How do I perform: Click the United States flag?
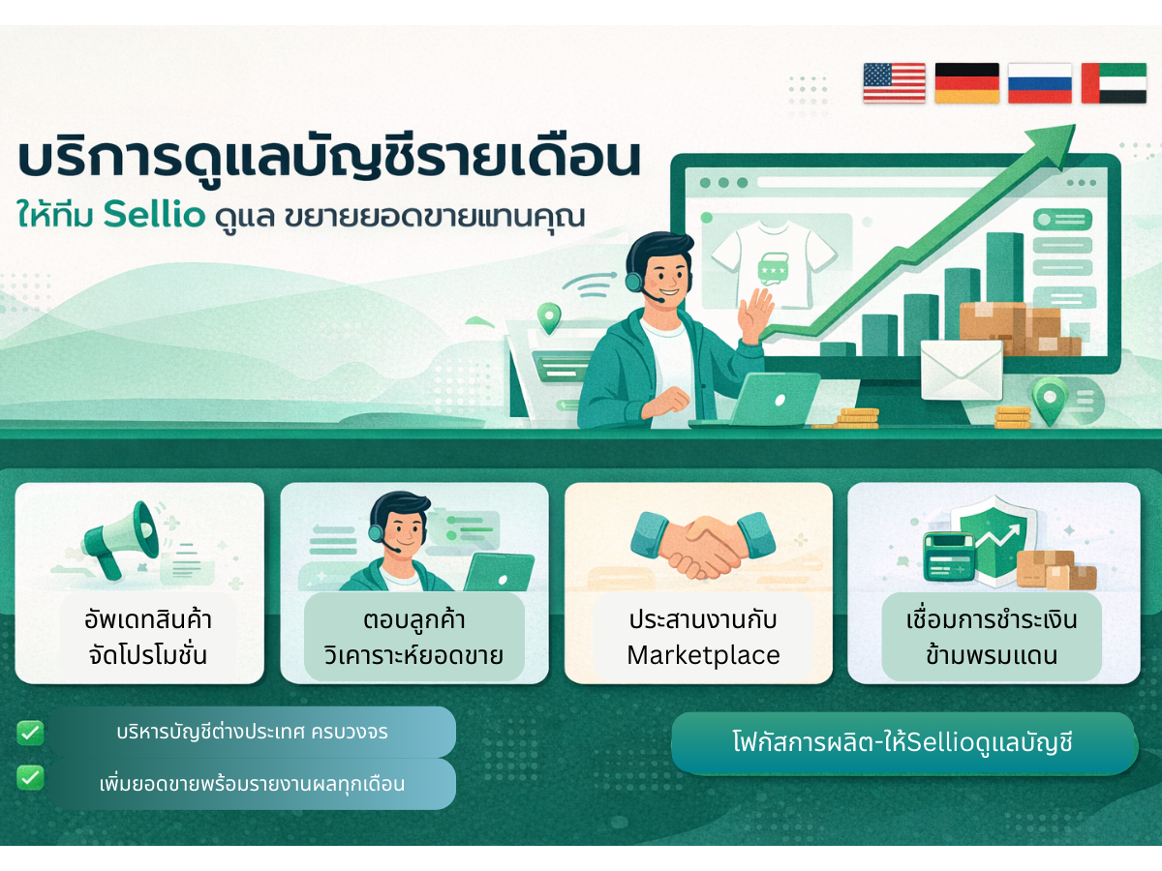click(894, 82)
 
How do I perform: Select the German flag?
click(967, 82)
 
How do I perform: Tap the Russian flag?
click(1040, 82)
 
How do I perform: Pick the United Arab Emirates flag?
click(1114, 82)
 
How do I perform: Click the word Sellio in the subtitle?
click(155, 214)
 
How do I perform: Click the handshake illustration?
click(703, 544)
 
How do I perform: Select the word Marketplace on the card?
click(703, 656)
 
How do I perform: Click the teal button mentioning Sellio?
click(904, 742)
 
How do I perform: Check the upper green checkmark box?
click(30, 733)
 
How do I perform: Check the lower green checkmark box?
click(30, 777)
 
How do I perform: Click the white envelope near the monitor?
click(962, 369)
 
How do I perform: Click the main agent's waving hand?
click(756, 315)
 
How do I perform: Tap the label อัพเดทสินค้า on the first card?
click(148, 619)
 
